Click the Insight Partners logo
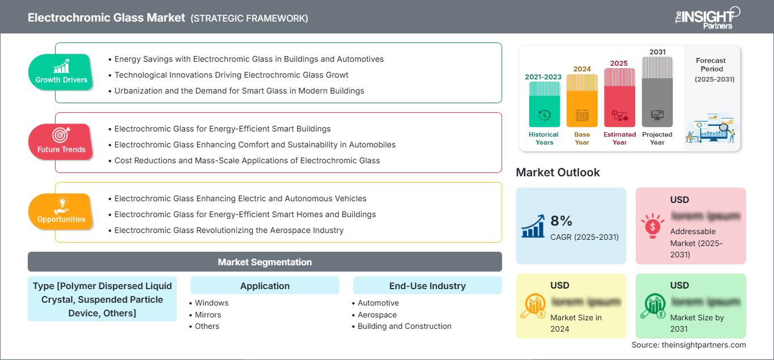(707, 17)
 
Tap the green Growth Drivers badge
(61, 73)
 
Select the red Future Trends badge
(61, 142)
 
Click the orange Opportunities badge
(61, 211)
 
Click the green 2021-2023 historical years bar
(544, 104)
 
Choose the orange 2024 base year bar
(582, 101)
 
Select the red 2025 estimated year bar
(619, 97)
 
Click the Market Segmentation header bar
(265, 262)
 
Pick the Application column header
(265, 286)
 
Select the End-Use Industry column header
(427, 286)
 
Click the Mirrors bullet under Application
(207, 315)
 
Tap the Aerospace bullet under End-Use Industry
(377, 315)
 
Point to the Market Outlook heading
(558, 172)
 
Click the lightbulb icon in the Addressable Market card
(652, 226)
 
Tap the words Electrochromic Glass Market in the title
(107, 18)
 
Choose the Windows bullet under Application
(211, 303)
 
